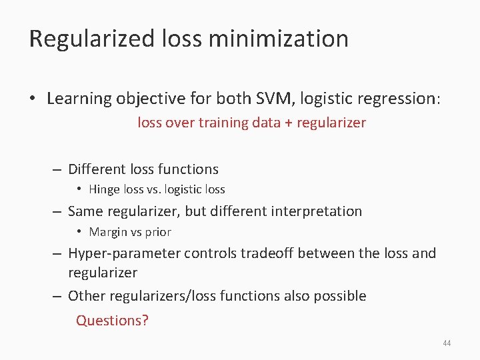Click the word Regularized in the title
point(92,39)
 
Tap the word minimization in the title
point(278,39)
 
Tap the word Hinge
point(105,189)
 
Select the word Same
point(85,211)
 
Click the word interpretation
point(318,211)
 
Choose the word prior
point(158,232)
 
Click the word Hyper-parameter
point(124,253)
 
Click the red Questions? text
point(112,320)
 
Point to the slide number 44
point(447,343)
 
